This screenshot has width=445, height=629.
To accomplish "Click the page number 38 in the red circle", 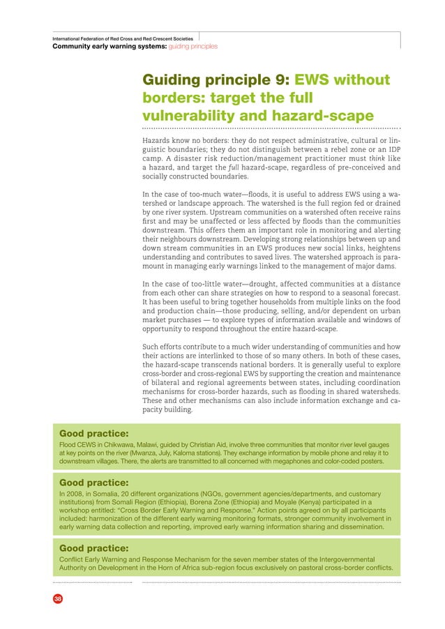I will (56, 598).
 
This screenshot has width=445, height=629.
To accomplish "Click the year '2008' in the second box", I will (75, 492).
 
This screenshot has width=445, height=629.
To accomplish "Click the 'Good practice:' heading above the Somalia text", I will (98, 481).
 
